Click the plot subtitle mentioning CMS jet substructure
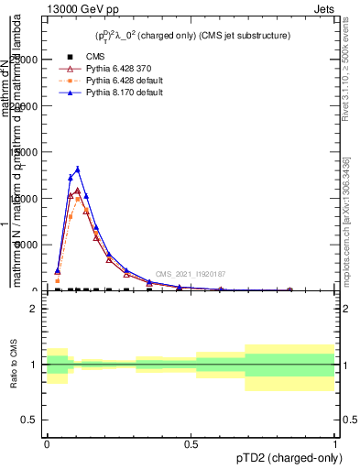(x=191, y=36)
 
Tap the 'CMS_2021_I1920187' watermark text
(x=190, y=274)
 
